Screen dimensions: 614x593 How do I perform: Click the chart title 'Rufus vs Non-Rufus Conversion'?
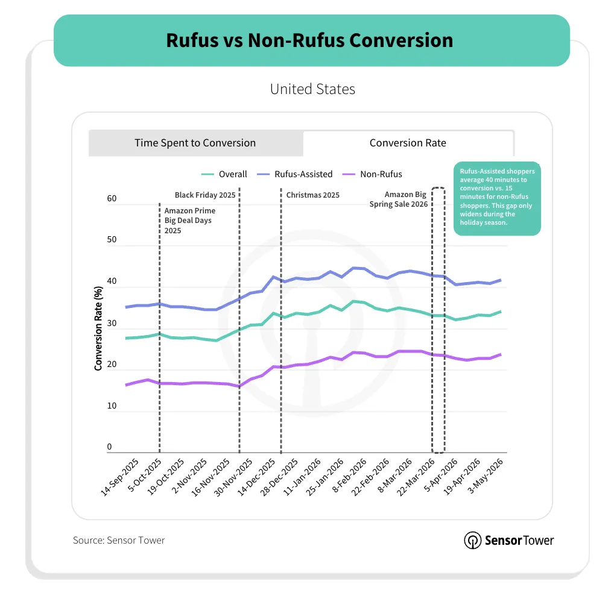tap(309, 40)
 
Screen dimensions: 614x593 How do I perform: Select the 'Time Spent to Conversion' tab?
tap(195, 143)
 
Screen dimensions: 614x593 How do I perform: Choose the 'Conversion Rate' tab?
tap(408, 143)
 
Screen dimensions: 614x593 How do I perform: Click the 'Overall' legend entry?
tap(224, 174)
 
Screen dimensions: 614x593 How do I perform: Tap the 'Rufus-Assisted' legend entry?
tap(294, 174)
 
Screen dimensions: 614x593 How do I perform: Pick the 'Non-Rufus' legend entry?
tap(372, 174)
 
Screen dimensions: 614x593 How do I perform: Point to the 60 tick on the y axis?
tap(112, 198)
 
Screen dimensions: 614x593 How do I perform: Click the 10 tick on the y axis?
tap(112, 406)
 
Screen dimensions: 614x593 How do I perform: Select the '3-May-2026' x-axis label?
tap(485, 475)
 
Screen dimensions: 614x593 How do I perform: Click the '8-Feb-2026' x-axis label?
tap(349, 475)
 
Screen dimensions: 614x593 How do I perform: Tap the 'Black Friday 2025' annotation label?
tap(205, 195)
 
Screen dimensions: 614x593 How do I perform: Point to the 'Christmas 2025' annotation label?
tap(313, 195)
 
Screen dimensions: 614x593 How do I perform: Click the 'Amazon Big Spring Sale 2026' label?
tap(399, 199)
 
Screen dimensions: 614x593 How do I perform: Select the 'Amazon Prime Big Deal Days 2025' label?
tap(190, 220)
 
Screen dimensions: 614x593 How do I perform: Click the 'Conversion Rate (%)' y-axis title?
tap(98, 328)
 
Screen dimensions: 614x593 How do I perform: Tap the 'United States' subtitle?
tap(312, 89)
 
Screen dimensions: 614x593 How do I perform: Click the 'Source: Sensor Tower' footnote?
tap(119, 540)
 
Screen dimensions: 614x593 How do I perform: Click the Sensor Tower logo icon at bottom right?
tap(473, 540)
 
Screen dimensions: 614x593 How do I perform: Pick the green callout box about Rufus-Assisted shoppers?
tap(498, 198)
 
